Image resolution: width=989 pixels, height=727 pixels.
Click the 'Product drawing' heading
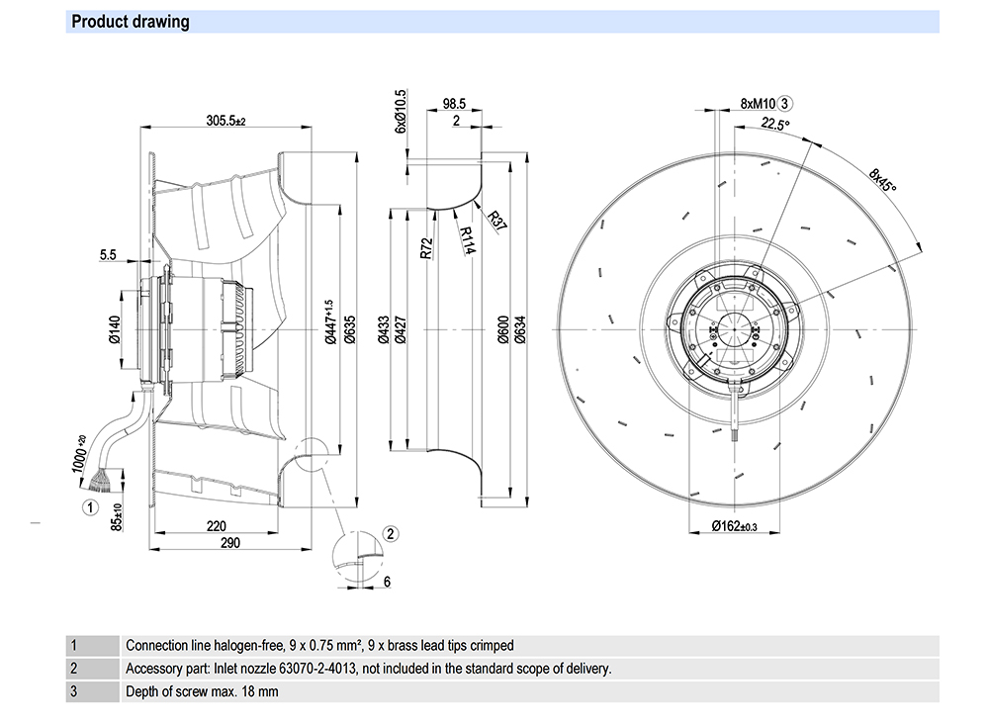coord(130,22)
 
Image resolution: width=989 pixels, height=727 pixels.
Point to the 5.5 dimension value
coord(108,254)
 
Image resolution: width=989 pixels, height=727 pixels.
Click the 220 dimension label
coord(218,525)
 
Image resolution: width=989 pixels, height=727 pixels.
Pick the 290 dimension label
coord(229,542)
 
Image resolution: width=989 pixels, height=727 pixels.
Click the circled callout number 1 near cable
coord(90,507)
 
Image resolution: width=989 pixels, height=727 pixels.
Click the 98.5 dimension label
coord(455,103)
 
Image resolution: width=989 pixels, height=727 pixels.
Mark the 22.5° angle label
coord(776,124)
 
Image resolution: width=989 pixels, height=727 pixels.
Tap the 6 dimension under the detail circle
coord(387,582)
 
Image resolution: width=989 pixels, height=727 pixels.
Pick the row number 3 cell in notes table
coord(73,692)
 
